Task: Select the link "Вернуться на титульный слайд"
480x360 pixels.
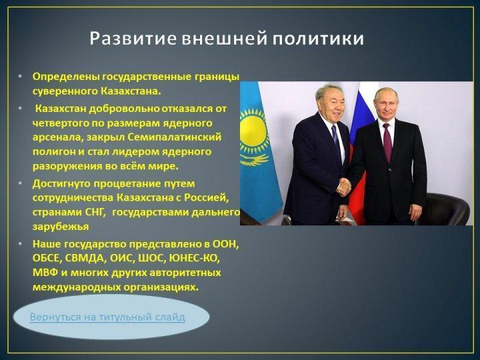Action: pos(107,317)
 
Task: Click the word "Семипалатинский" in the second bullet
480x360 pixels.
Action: pos(174,137)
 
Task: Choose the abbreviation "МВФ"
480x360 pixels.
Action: pos(45,273)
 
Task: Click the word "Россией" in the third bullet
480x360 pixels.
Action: pos(206,198)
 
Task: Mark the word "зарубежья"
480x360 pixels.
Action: pos(61,227)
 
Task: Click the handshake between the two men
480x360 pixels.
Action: pos(343,187)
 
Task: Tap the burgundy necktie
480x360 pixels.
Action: pos(387,143)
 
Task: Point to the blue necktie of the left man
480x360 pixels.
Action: pos(336,139)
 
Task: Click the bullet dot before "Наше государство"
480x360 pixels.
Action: pos(20,244)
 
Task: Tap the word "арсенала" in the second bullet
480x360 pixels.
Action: pos(57,137)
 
